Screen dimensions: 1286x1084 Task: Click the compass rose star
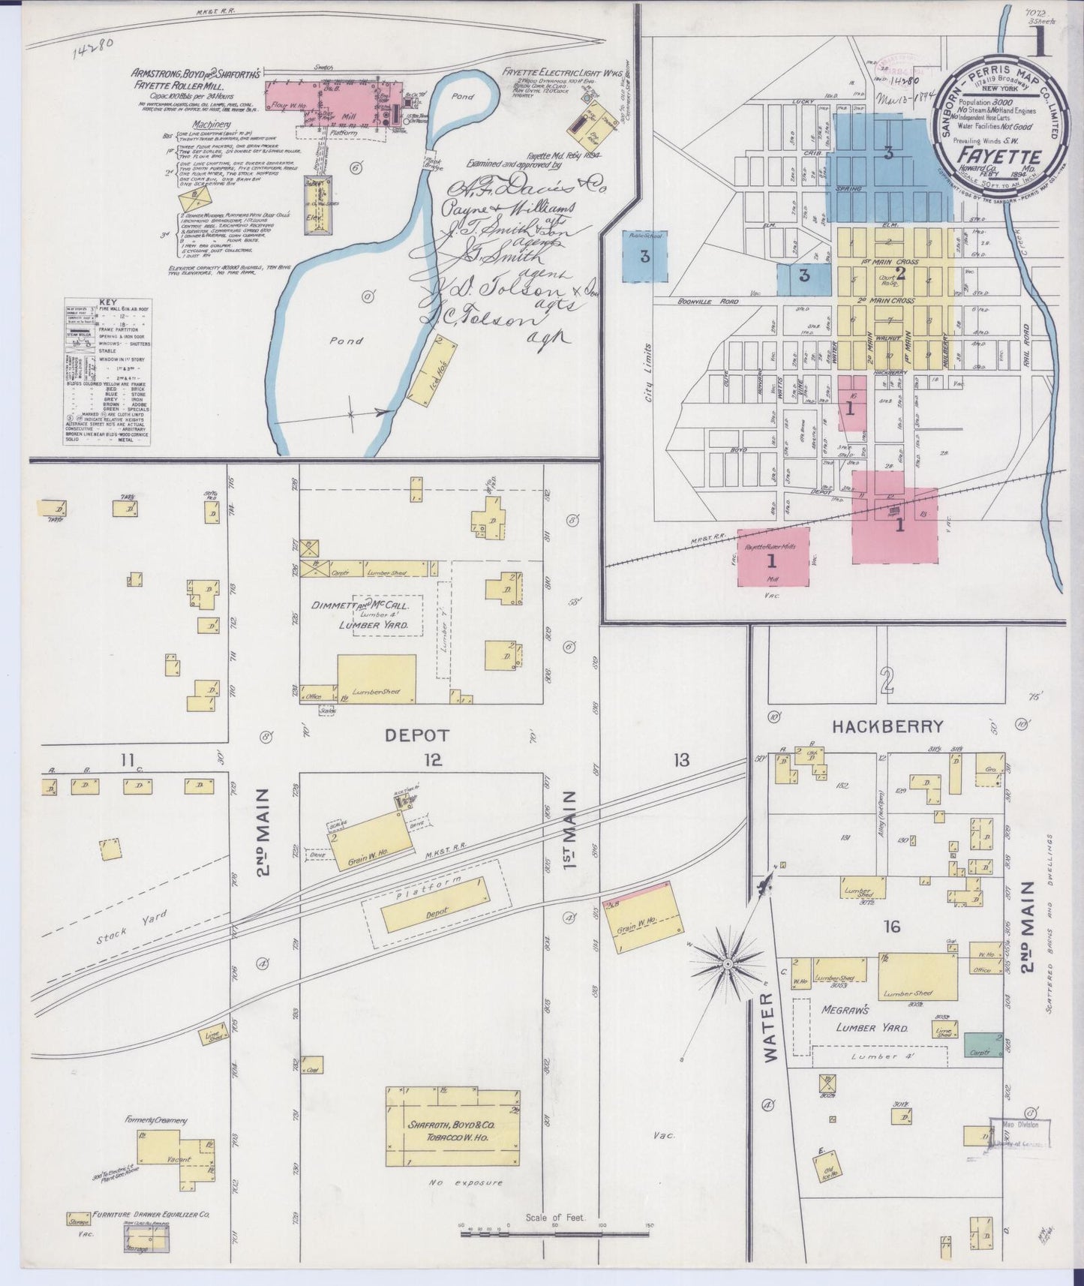[727, 962]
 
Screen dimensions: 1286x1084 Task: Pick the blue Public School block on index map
[644, 256]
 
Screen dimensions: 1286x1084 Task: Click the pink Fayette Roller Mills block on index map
[773, 557]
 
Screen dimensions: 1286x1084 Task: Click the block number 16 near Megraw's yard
[891, 927]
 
